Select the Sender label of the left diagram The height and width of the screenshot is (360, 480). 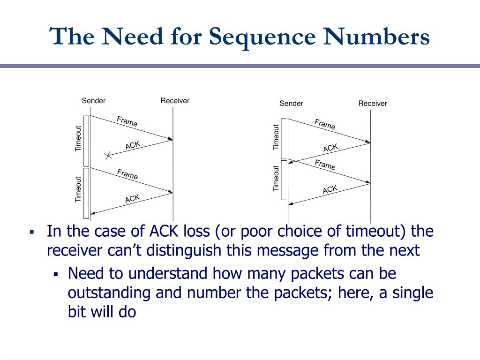point(94,101)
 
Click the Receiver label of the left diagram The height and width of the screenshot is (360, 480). point(175,101)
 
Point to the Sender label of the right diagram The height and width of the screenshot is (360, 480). point(292,103)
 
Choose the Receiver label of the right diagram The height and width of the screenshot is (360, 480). point(373,103)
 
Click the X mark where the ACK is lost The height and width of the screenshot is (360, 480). point(108,155)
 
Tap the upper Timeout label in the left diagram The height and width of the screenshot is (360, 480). point(78,139)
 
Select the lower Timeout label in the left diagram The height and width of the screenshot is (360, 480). point(78,189)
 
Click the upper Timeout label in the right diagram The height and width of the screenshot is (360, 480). point(276,137)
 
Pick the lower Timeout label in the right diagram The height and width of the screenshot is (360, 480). point(276,179)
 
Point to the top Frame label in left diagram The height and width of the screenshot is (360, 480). point(127,121)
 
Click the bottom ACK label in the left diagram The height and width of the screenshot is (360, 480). point(133,199)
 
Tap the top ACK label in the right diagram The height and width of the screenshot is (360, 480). point(330,148)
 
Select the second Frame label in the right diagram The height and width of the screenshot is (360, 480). point(325,165)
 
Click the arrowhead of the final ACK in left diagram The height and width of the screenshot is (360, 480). point(92,213)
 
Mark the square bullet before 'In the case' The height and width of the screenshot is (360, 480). point(32,232)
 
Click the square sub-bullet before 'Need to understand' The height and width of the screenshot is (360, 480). point(55,274)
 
